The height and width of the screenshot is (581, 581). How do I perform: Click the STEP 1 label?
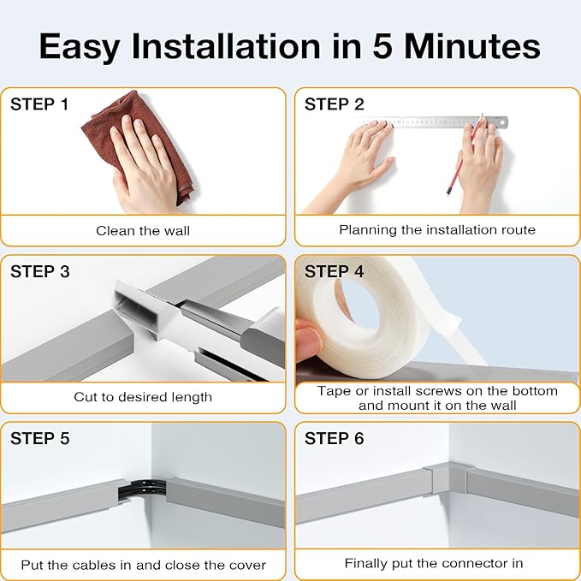39,104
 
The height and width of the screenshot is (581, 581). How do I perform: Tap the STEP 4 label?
334,271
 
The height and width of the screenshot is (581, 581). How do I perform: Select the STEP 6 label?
334,438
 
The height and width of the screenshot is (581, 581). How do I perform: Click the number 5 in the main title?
382,46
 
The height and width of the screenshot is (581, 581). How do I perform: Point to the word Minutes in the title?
472,46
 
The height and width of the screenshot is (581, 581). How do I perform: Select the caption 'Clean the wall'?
143,231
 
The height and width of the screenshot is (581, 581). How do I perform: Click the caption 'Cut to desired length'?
143,397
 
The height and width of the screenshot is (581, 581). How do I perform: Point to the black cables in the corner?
143,489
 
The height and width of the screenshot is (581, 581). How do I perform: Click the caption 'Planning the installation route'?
437,230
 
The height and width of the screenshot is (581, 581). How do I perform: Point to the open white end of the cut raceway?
135,310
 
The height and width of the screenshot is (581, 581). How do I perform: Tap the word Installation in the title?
226,46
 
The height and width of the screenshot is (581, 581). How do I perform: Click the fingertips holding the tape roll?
308,339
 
